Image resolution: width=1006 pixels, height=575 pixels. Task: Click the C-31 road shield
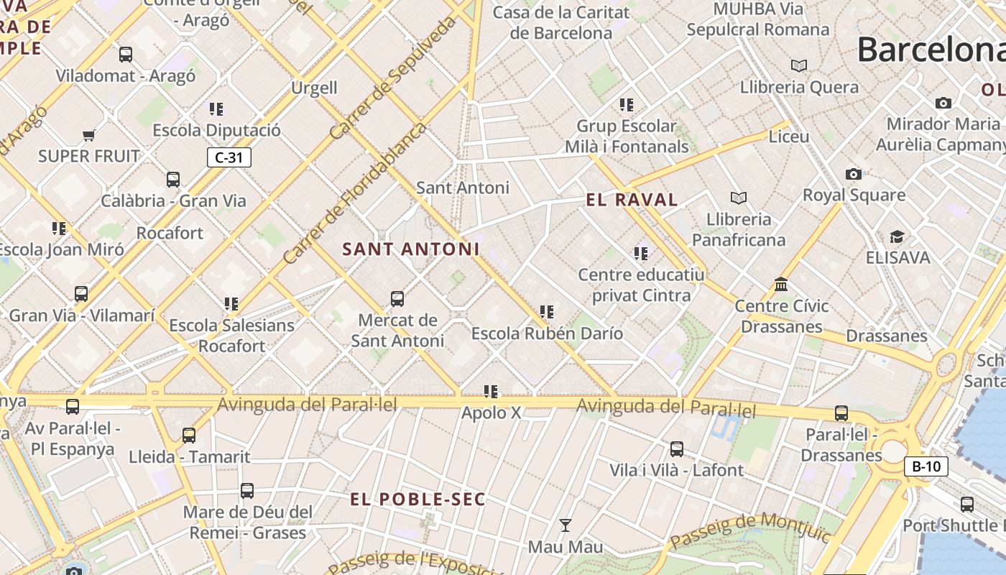[229, 157]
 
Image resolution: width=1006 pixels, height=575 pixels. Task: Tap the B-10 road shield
[926, 466]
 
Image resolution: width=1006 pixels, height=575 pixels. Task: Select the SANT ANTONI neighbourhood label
[410, 249]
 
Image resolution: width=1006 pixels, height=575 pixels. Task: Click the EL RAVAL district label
[632, 200]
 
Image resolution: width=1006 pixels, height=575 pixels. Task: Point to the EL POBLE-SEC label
[417, 499]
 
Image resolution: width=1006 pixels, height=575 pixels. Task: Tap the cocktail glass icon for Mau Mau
[566, 525]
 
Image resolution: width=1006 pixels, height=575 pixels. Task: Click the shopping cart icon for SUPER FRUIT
[89, 135]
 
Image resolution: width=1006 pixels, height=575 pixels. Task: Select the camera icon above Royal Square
[853, 174]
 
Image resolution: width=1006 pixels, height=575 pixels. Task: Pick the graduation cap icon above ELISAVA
[897, 236]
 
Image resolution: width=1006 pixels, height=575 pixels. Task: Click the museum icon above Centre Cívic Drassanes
[781, 285]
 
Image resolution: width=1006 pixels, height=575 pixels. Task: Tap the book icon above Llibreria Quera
[799, 66]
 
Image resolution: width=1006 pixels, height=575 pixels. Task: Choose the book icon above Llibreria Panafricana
[738, 198]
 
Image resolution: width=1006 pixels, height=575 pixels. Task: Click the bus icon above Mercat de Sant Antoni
[397, 299]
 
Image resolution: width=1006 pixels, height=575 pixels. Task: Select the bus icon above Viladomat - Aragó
[126, 54]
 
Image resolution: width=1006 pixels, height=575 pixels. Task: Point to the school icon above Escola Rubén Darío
[547, 312]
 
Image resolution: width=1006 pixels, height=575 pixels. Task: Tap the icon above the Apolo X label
[491, 392]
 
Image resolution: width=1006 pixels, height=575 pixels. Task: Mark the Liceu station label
[789, 137]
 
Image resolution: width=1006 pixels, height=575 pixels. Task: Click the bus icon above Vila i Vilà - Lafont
[676, 449]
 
